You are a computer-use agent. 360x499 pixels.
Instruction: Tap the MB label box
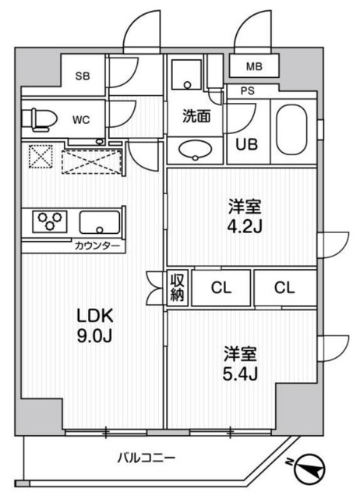point(256,67)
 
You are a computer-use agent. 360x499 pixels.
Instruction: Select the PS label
point(248,90)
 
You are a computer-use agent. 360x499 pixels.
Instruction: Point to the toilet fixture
point(39,119)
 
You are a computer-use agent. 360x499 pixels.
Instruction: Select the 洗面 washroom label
point(196,118)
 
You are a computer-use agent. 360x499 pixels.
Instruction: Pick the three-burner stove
point(49,223)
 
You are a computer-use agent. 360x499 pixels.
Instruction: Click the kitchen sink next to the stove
point(100,223)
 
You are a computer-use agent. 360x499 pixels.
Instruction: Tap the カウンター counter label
point(97,246)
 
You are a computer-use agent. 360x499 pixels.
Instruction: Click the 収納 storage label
point(178,287)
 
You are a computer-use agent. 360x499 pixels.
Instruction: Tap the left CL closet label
point(223,288)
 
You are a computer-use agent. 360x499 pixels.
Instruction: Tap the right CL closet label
point(285,288)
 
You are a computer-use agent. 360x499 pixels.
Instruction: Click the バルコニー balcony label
point(146,457)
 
